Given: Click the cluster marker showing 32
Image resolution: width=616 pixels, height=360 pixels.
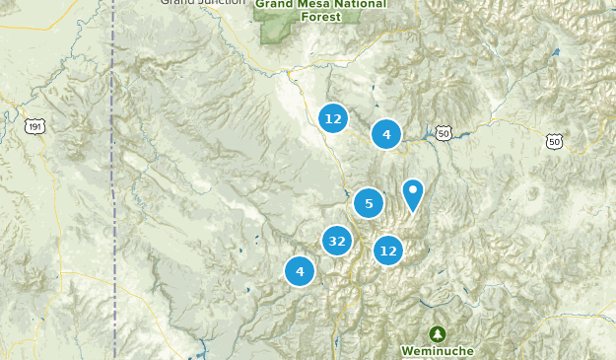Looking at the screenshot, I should tap(337, 241).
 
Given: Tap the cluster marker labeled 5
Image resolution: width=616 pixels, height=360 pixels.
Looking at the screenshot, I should tap(369, 204).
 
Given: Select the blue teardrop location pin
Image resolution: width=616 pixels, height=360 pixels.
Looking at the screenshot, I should tap(413, 193).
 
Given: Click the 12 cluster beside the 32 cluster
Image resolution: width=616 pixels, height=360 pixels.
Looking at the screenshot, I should tap(388, 251).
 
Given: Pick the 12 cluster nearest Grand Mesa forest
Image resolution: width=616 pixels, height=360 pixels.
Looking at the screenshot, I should tap(333, 118).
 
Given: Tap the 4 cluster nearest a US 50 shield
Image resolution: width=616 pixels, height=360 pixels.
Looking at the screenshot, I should tap(386, 134).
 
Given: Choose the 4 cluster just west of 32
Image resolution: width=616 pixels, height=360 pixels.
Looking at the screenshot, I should tap(300, 270).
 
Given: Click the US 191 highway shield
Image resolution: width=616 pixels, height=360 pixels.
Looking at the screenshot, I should tap(36, 127).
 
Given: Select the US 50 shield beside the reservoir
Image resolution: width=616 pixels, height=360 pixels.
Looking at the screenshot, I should tap(444, 133).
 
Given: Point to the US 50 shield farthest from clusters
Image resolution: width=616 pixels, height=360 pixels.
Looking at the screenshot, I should tap(554, 142).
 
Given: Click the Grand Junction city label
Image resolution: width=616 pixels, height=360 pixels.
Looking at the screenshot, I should tap(201, 3).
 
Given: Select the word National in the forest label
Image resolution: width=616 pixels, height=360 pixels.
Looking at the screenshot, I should tap(361, 4).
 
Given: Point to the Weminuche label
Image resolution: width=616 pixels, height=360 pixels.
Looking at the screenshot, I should tap(438, 350).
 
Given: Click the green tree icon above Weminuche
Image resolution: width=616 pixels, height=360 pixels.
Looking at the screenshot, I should tap(437, 334).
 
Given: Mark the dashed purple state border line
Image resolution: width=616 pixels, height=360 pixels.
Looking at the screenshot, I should tap(114, 197).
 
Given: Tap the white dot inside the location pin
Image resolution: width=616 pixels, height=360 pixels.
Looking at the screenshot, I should tap(413, 188).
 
